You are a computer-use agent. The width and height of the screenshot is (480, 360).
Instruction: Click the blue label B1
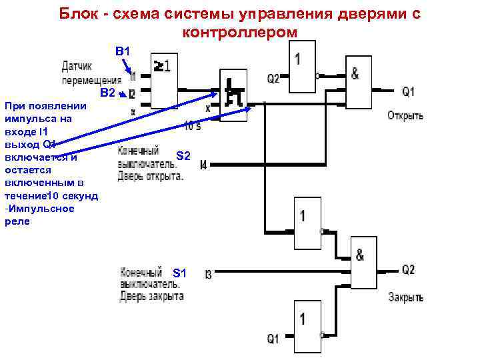click(125, 51)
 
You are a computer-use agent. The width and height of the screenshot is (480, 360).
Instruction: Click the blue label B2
click(108, 93)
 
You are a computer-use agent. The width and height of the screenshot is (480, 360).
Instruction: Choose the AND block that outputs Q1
click(359, 81)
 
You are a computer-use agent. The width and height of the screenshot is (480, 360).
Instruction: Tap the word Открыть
click(405, 115)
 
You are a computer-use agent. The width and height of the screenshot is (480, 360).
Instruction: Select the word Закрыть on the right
click(405, 297)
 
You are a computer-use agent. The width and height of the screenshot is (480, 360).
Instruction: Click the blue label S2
click(183, 156)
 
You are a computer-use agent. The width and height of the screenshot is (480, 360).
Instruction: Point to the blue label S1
click(180, 273)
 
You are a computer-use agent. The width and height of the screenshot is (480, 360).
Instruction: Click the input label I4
click(203, 164)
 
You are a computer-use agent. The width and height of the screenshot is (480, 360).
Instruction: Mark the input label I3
click(208, 274)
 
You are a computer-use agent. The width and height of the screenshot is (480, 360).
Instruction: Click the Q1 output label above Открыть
click(408, 91)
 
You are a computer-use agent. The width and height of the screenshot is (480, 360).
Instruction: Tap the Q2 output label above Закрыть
click(408, 270)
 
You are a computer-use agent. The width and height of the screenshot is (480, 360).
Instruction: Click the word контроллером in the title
click(239, 33)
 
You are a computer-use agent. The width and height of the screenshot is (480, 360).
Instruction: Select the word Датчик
click(77, 66)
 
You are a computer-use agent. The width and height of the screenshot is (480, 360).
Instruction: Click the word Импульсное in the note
click(42, 209)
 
